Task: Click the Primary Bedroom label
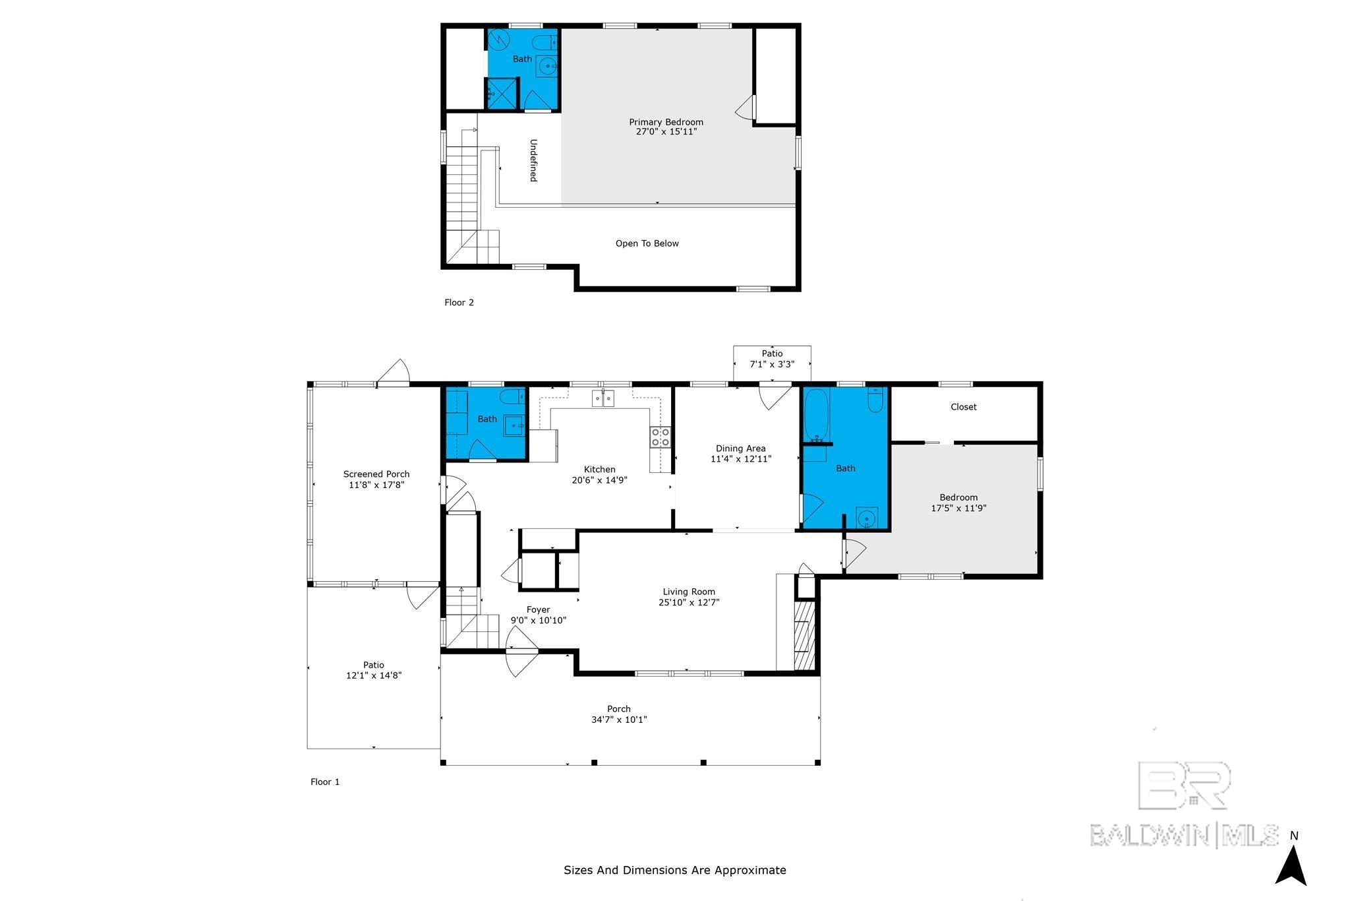point(666,122)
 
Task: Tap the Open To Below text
point(647,243)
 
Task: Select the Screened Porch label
point(376,474)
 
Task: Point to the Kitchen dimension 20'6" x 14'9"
point(599,480)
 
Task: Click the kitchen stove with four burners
point(660,437)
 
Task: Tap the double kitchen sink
point(603,398)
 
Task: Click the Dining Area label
point(741,449)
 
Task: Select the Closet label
point(963,407)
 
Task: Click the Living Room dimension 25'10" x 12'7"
point(689,602)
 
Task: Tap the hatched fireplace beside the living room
point(805,636)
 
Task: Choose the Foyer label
point(538,609)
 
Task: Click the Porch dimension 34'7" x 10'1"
point(619,720)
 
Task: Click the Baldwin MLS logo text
point(1184,835)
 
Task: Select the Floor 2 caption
point(459,303)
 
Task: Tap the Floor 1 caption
point(325,782)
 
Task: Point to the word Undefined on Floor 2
point(533,160)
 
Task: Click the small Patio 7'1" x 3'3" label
point(772,359)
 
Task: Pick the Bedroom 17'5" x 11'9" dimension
point(958,508)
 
